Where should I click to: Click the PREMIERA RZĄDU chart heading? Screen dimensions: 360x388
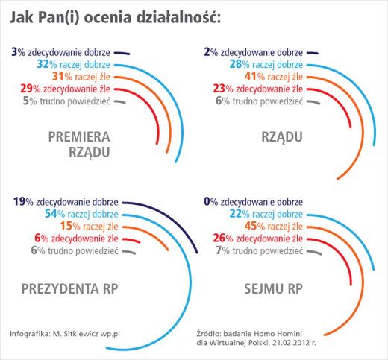click(79, 143)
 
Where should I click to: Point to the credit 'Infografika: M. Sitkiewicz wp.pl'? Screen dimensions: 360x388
click(66, 332)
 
